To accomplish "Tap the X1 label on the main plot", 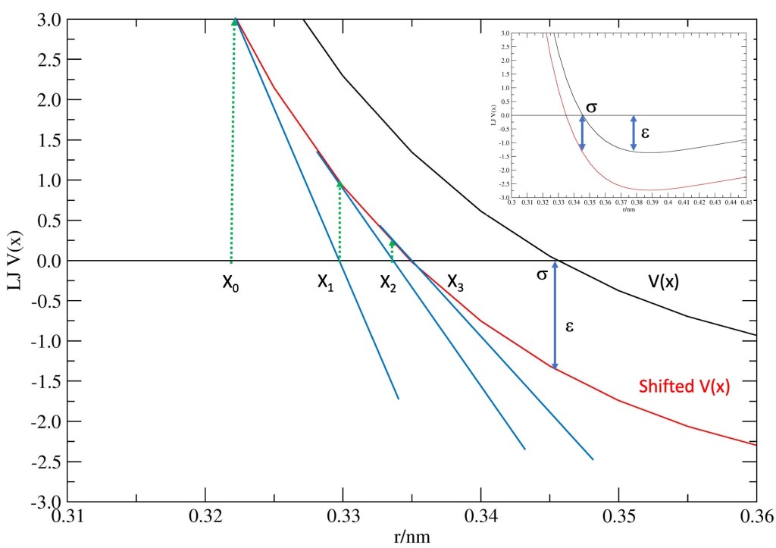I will (325, 282).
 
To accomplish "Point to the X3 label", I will (455, 282).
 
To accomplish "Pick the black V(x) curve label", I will (663, 282).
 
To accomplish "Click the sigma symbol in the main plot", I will (542, 274).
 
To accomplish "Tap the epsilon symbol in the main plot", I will (569, 327).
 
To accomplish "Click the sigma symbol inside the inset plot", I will (591, 107).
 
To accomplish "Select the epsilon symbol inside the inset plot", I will (645, 131).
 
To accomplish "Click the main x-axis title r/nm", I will (412, 536).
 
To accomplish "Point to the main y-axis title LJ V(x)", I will (14, 261).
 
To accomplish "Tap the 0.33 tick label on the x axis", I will (343, 518).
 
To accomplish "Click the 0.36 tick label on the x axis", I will (755, 518).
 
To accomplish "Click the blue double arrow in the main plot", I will (555, 315).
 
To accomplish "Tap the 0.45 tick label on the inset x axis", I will (746, 203).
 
